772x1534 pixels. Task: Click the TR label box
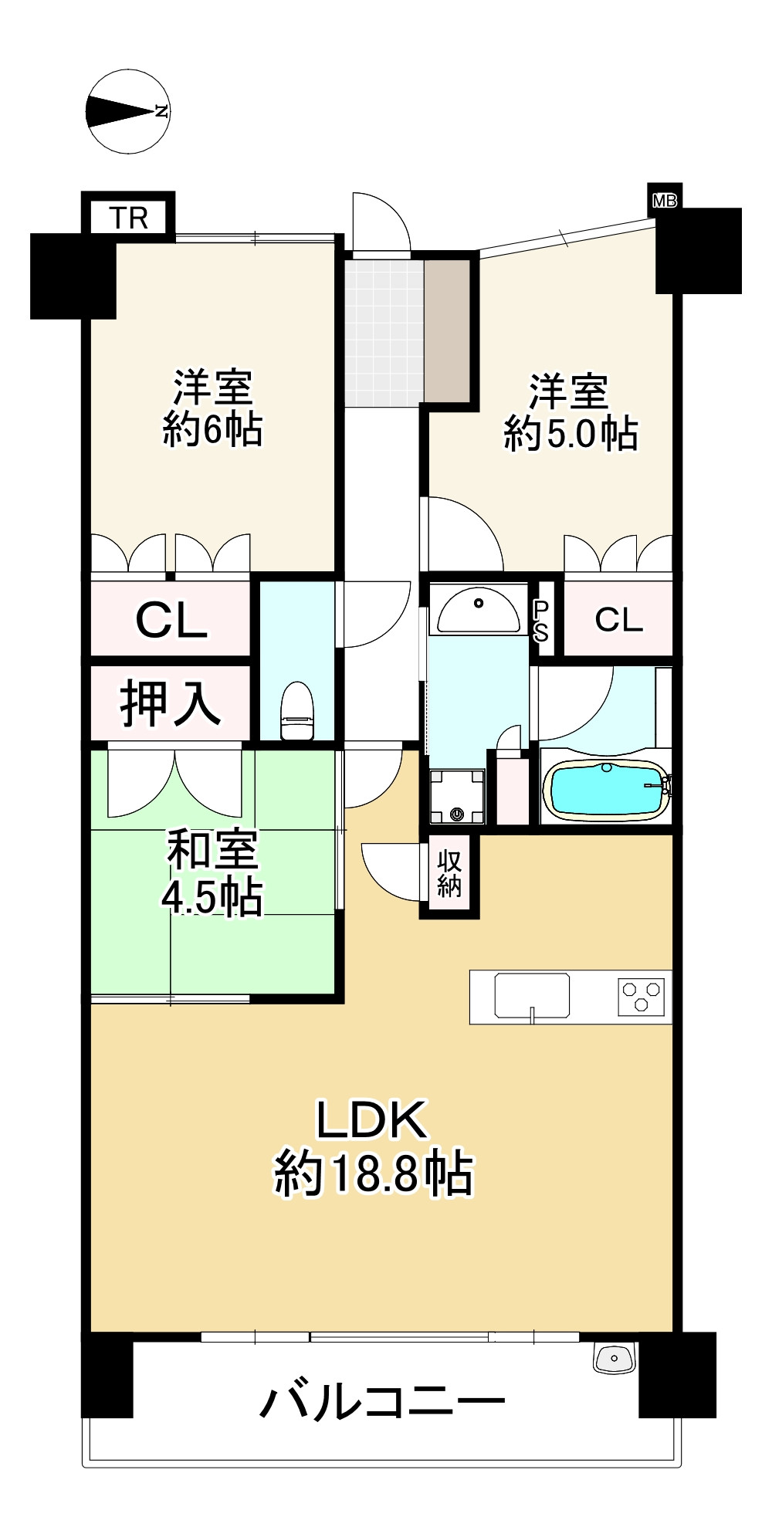click(128, 218)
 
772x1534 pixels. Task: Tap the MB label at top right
click(665, 201)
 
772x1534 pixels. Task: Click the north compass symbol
click(128, 111)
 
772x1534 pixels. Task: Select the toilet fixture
click(296, 711)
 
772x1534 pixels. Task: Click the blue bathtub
click(606, 789)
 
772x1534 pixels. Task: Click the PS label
click(541, 621)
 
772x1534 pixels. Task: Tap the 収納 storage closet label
click(449, 874)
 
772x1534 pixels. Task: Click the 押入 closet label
click(170, 703)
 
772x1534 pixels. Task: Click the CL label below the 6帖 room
click(171, 620)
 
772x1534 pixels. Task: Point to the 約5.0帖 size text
click(571, 434)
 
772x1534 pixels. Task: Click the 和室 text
click(212, 848)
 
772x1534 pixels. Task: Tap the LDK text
click(372, 1120)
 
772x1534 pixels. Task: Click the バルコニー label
click(383, 1401)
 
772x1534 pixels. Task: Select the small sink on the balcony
click(614, 1358)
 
